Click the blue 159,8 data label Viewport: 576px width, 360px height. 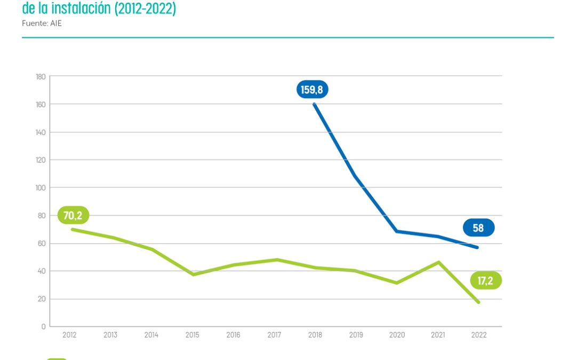(x=312, y=90)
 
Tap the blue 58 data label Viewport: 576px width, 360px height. (x=478, y=228)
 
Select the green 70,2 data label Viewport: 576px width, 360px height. (x=73, y=215)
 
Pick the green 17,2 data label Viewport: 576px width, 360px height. (x=485, y=281)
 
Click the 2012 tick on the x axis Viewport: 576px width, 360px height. (x=69, y=335)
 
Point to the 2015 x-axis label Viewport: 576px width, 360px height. (x=193, y=335)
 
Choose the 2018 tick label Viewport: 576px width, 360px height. (x=315, y=335)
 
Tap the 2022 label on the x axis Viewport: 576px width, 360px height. (x=479, y=335)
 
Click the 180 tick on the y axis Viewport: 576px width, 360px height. (x=40, y=76)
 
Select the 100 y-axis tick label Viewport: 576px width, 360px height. (x=40, y=188)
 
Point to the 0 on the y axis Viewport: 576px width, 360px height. (x=43, y=326)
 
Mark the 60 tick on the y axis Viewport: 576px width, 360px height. (x=41, y=243)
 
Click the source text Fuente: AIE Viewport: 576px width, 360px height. (x=42, y=23)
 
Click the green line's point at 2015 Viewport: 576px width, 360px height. (x=193, y=274)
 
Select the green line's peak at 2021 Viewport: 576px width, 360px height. (x=438, y=262)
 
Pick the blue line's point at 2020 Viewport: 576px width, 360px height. (x=397, y=231)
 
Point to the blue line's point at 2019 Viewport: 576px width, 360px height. (x=355, y=175)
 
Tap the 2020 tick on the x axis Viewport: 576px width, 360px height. (x=397, y=335)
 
